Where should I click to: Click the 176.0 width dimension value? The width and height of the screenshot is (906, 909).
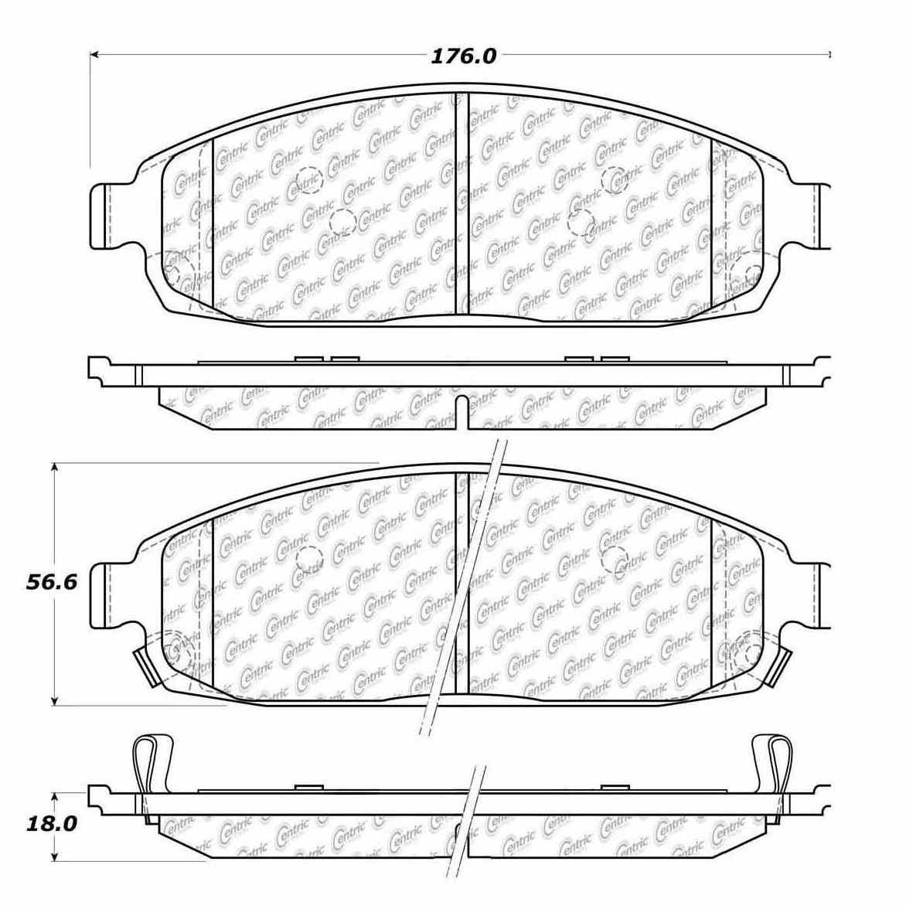click(x=463, y=56)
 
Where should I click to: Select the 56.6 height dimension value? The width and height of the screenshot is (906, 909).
click(x=52, y=582)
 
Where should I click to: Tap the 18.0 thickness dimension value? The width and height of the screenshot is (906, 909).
click(x=52, y=824)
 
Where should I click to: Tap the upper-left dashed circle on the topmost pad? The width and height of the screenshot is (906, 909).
click(x=307, y=179)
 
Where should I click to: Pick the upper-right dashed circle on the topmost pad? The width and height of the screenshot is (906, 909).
click(x=615, y=179)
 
